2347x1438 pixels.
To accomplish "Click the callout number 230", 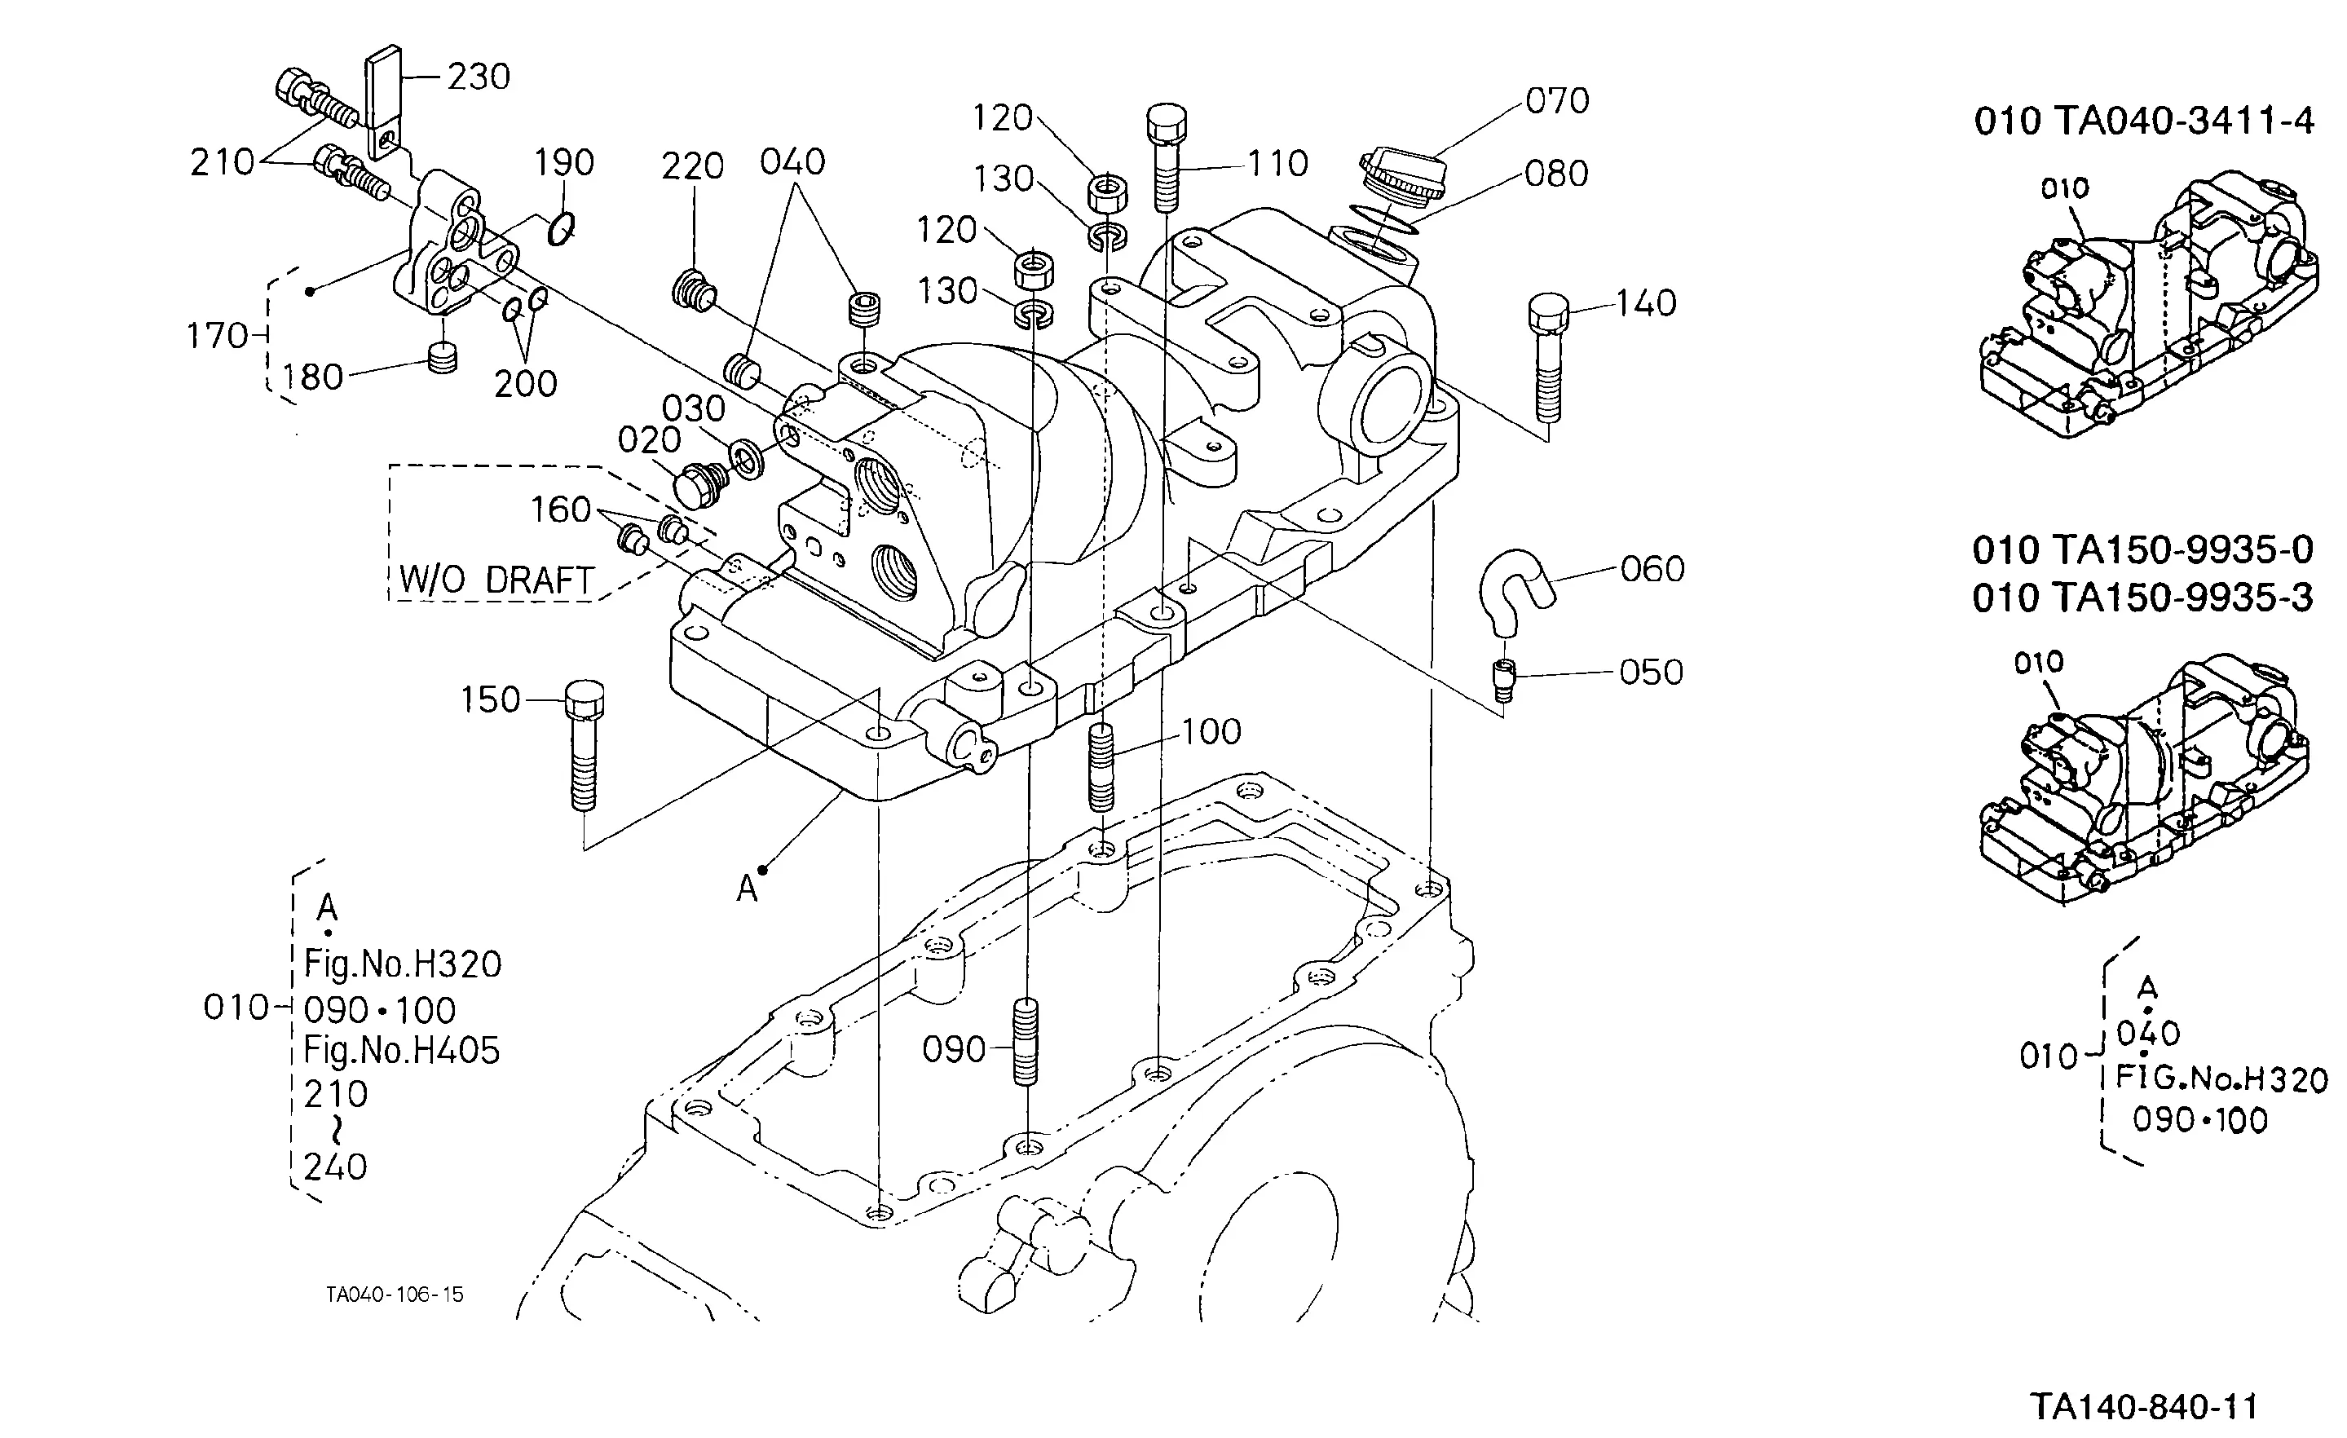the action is (479, 76).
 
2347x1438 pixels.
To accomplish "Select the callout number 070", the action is (1557, 101).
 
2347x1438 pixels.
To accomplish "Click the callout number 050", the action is (1652, 673).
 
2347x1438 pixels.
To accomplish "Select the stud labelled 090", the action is (1026, 1041).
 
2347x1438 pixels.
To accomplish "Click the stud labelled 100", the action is (1101, 766).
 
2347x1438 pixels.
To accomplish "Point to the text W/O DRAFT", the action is (497, 580).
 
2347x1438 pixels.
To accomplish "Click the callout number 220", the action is (694, 166).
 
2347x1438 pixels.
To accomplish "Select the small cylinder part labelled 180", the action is (443, 359).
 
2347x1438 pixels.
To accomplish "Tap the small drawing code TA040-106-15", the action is (395, 1295).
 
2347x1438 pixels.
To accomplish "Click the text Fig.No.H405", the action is (402, 1051).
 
